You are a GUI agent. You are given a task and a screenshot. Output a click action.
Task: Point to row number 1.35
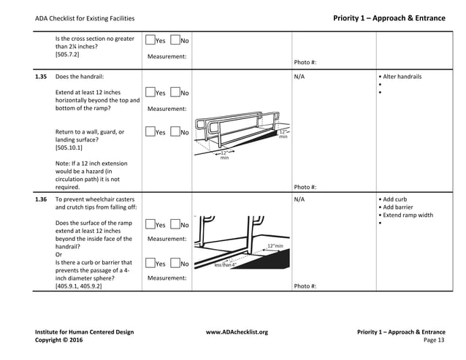[x=41, y=76]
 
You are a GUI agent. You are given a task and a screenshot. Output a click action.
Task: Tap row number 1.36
[x=41, y=198]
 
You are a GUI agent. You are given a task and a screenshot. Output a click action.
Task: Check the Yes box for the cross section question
[x=150, y=40]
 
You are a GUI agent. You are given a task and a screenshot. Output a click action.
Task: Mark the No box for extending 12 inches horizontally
[x=175, y=93]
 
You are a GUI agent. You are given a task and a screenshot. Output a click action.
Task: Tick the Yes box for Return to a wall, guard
[x=150, y=132]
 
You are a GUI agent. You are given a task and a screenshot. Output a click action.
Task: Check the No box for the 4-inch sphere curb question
[x=175, y=263]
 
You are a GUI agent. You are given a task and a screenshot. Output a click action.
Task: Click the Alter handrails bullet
[x=402, y=77]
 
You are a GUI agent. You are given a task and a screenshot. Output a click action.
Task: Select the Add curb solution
[x=395, y=199]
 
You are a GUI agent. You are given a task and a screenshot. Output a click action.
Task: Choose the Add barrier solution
[x=399, y=207]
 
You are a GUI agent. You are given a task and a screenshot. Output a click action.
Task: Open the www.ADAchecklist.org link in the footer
[x=237, y=332]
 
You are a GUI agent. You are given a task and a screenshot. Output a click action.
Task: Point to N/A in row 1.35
[x=299, y=77]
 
